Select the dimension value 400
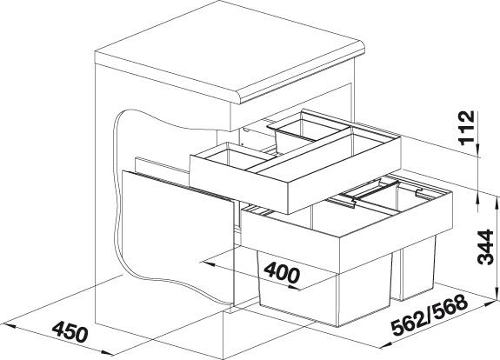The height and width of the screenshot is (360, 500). tap(282, 272)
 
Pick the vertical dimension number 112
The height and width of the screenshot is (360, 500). tap(466, 128)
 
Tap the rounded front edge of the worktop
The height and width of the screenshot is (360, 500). tap(302, 78)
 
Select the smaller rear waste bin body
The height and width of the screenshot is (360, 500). tap(416, 268)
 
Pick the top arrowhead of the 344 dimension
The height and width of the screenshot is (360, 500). tap(497, 203)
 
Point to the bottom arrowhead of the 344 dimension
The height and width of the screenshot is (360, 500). tap(497, 294)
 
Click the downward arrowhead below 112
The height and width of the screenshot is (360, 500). tap(478, 150)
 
